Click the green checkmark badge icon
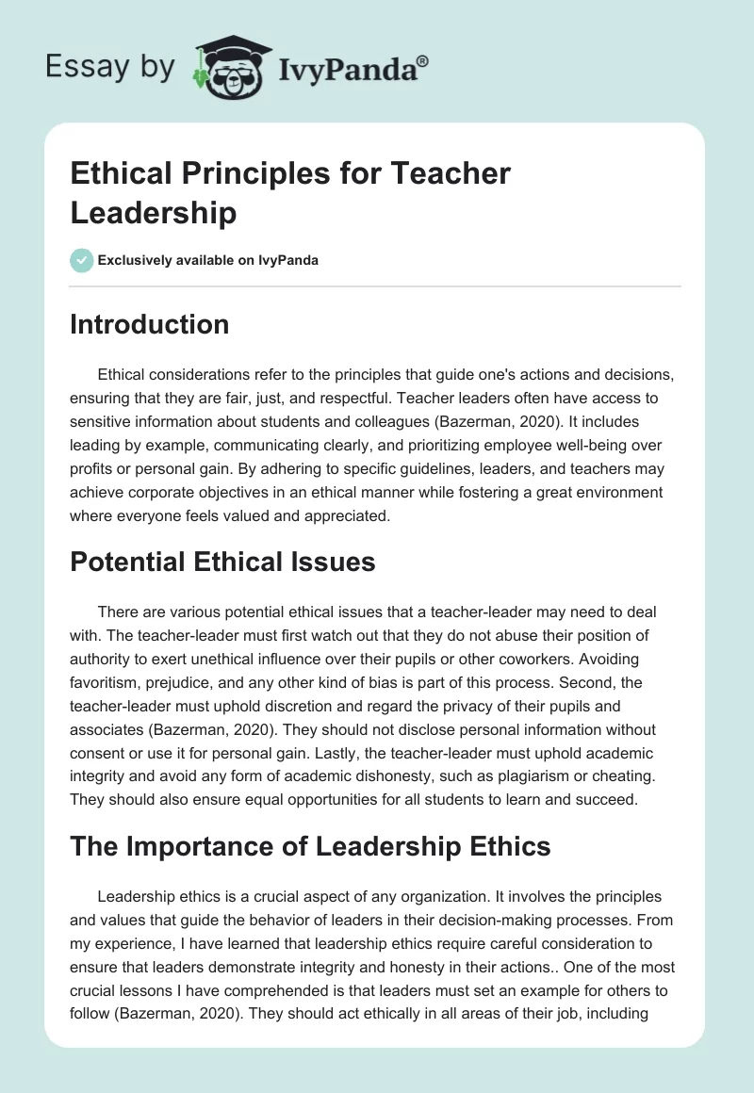82,260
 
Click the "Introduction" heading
149,324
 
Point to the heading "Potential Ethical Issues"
222,563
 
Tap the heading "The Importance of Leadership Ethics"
310,846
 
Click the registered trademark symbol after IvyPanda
422,61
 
